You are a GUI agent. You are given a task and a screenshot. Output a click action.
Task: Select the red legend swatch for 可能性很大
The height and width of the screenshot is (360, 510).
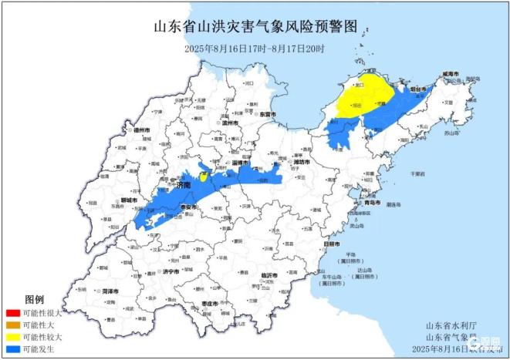[12, 314]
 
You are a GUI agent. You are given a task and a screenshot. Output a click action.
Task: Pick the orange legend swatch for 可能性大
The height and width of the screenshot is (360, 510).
[12, 325]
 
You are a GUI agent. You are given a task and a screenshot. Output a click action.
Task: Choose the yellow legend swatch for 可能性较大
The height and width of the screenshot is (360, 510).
[12, 337]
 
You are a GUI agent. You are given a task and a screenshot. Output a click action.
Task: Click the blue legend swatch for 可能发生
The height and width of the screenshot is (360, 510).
[12, 349]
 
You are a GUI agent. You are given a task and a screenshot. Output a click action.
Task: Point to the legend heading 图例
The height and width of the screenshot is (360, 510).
[35, 299]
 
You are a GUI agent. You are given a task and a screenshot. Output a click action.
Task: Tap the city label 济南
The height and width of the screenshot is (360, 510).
[183, 186]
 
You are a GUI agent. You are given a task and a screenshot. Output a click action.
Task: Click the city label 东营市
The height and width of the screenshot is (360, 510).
[268, 113]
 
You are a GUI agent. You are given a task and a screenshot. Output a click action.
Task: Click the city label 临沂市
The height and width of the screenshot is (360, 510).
[269, 275]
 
